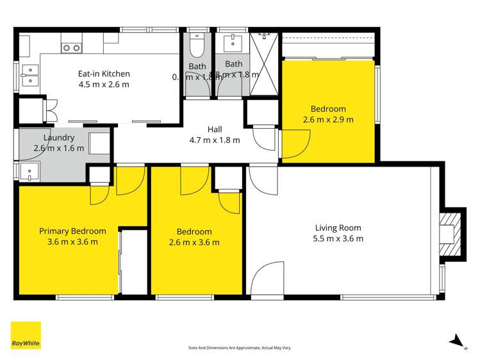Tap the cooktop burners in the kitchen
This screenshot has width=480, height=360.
70,47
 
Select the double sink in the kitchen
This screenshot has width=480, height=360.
28,75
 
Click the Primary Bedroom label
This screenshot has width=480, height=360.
72,231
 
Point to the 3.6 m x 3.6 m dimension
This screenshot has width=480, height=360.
72,241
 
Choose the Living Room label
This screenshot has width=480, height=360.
338,227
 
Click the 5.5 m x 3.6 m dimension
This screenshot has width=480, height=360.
338,238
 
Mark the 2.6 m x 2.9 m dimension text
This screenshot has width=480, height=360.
328,119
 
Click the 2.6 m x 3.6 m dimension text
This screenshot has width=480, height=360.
194,242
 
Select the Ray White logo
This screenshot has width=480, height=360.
26,335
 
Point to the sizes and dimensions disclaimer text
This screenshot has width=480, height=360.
240,347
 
